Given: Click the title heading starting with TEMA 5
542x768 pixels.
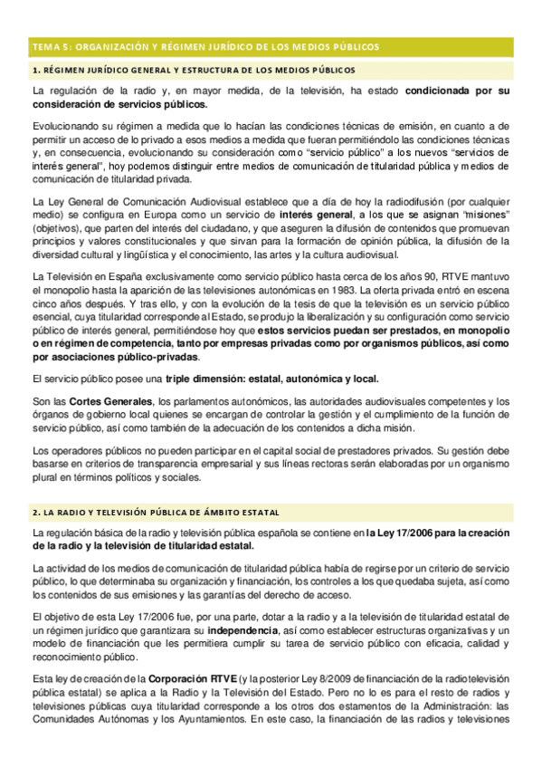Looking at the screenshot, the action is coord(205,46).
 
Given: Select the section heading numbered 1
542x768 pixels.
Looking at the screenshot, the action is coord(194,70).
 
